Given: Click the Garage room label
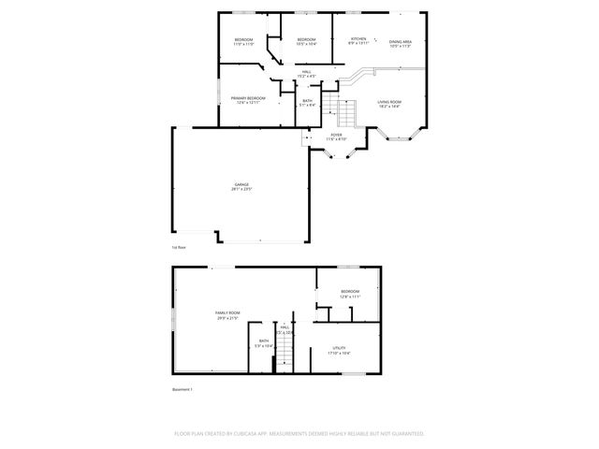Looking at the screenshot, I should (241, 185).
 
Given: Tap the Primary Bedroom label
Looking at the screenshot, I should (248, 98).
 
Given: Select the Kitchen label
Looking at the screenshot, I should (358, 38).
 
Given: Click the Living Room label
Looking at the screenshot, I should (389, 101).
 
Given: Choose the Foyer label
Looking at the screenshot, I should (336, 135).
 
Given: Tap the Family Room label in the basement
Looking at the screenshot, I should (227, 312).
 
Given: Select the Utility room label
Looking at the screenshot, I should (339, 348).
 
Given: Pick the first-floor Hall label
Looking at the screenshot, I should (306, 71).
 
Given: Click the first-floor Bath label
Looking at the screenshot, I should (308, 100).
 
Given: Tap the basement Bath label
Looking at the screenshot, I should (264, 341).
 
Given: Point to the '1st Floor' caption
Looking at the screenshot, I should (179, 247).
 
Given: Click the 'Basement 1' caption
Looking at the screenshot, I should (182, 389).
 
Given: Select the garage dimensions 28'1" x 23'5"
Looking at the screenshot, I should (242, 190).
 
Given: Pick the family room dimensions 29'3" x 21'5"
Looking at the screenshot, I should (227, 318).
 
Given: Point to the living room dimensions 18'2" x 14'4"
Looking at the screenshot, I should (389, 106).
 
